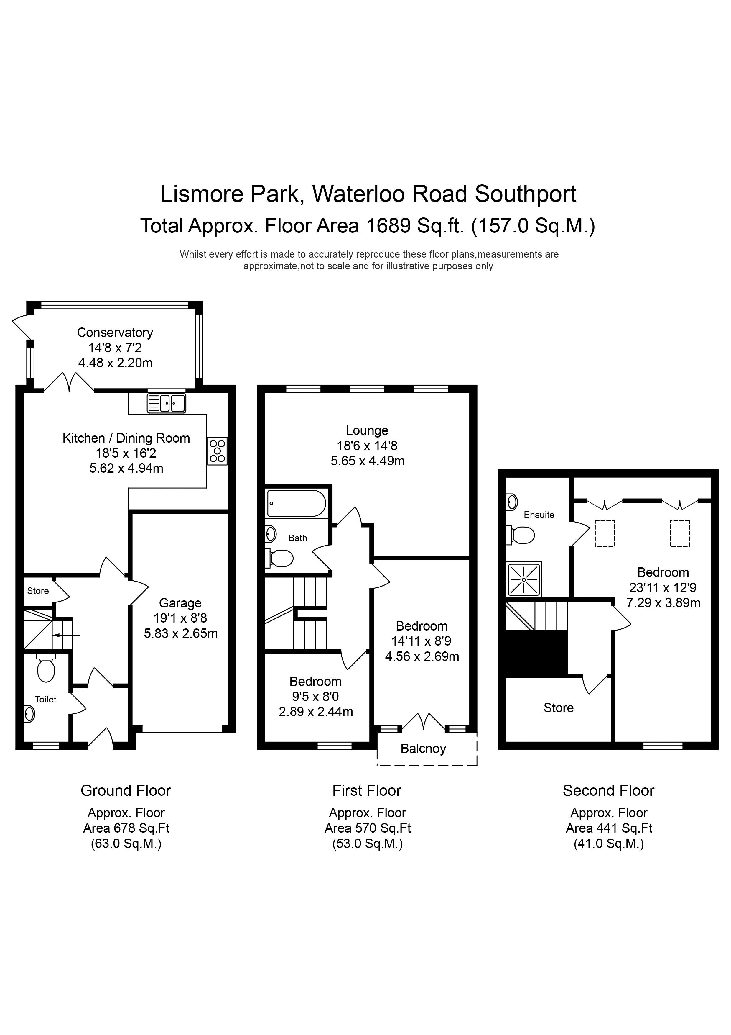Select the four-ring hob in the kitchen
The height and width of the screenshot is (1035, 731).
point(217,451)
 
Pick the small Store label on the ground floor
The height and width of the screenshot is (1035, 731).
point(38,591)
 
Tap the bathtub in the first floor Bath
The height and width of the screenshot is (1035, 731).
point(296,503)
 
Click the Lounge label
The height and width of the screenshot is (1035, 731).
point(367,430)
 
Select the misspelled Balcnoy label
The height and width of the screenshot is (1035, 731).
point(423,749)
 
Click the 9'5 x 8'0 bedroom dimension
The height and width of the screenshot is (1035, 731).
point(315,697)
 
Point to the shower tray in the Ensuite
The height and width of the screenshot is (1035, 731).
point(524,579)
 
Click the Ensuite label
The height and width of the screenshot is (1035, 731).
point(539,515)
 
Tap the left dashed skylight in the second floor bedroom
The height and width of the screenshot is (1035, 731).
point(605,534)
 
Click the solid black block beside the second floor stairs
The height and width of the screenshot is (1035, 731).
point(536,654)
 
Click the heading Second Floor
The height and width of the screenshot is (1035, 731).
point(608,791)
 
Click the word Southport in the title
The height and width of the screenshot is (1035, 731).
point(525,194)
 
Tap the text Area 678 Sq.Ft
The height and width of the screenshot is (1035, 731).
point(126,828)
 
